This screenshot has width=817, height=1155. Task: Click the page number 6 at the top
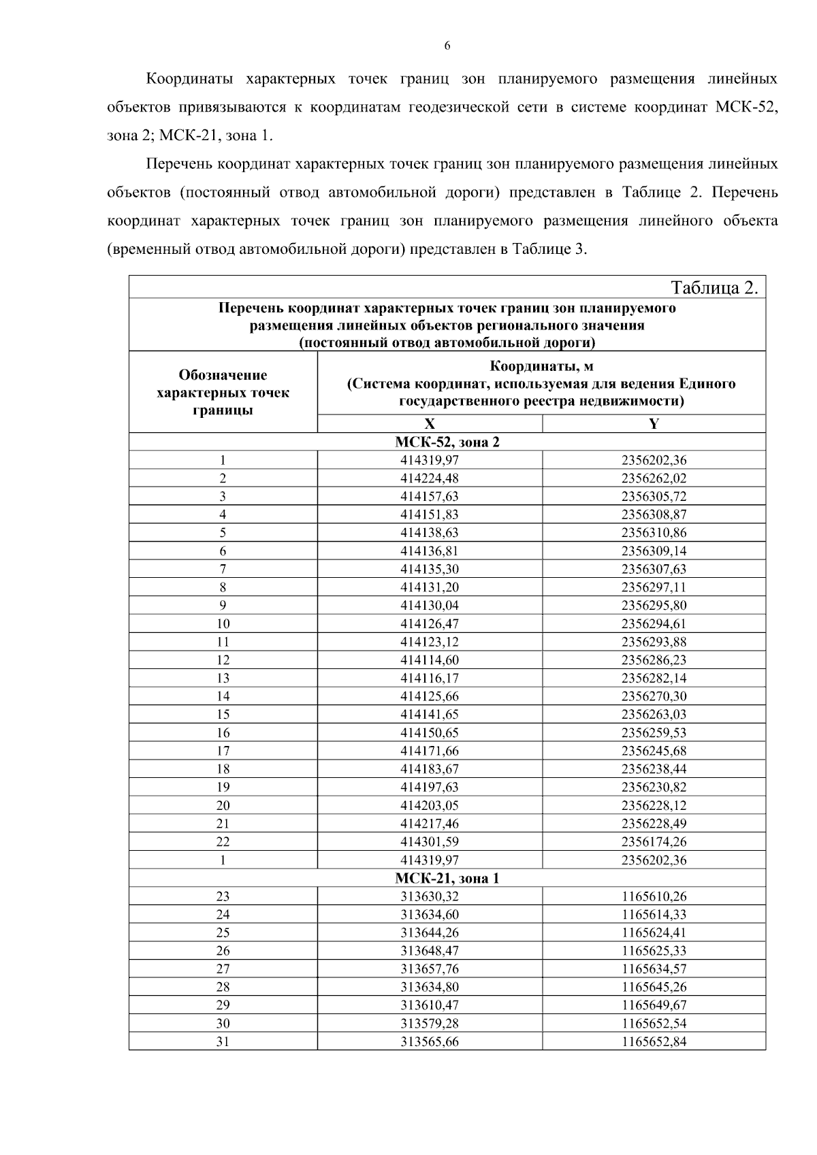(x=447, y=46)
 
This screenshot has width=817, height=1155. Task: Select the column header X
(x=430, y=424)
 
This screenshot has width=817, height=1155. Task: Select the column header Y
(x=654, y=424)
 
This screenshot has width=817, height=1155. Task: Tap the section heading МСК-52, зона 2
(x=447, y=442)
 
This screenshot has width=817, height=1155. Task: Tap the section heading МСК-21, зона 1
(x=447, y=879)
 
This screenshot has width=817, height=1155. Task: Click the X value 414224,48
(x=430, y=478)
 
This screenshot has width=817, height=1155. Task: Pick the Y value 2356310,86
(x=654, y=533)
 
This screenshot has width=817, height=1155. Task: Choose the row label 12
(x=223, y=660)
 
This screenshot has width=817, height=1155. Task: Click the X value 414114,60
(x=430, y=660)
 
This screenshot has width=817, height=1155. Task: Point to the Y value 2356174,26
(x=654, y=842)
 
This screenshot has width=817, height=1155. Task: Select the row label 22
(x=223, y=842)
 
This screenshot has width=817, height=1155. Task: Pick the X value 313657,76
(x=430, y=969)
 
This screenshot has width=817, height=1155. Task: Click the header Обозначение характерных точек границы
(x=223, y=393)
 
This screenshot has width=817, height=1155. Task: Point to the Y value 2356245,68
(x=654, y=751)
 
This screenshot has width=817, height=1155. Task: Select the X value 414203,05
(x=430, y=806)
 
